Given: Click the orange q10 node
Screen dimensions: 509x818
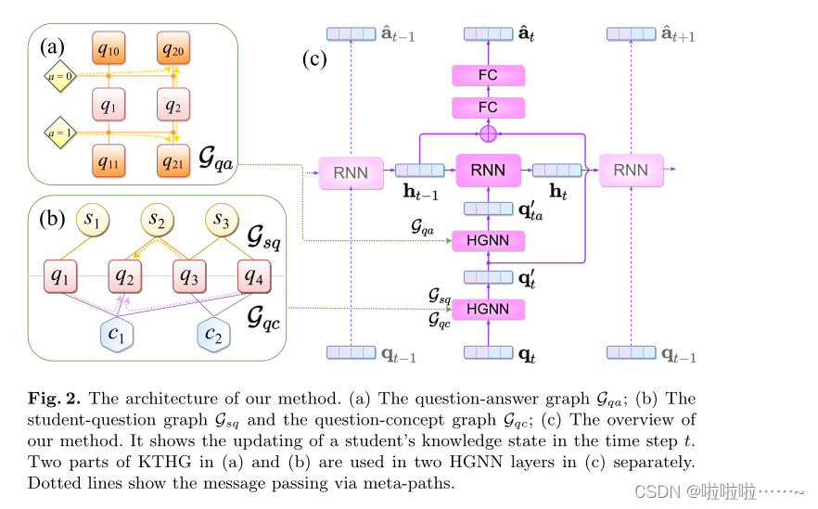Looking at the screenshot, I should point(109,46).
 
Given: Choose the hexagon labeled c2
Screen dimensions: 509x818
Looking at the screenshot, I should point(213,335).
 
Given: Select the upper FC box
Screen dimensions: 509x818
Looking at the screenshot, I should point(487,75).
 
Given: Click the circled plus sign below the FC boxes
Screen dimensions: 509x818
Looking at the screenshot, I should point(488,134).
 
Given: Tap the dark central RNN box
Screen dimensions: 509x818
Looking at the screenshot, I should point(488,171).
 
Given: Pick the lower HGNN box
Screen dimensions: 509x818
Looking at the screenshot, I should point(487,309).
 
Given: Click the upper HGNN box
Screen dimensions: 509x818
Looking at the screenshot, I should point(487,241).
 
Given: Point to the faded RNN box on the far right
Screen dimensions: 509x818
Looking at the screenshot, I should point(631,172).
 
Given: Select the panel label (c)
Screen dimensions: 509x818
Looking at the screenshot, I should point(316,60).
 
